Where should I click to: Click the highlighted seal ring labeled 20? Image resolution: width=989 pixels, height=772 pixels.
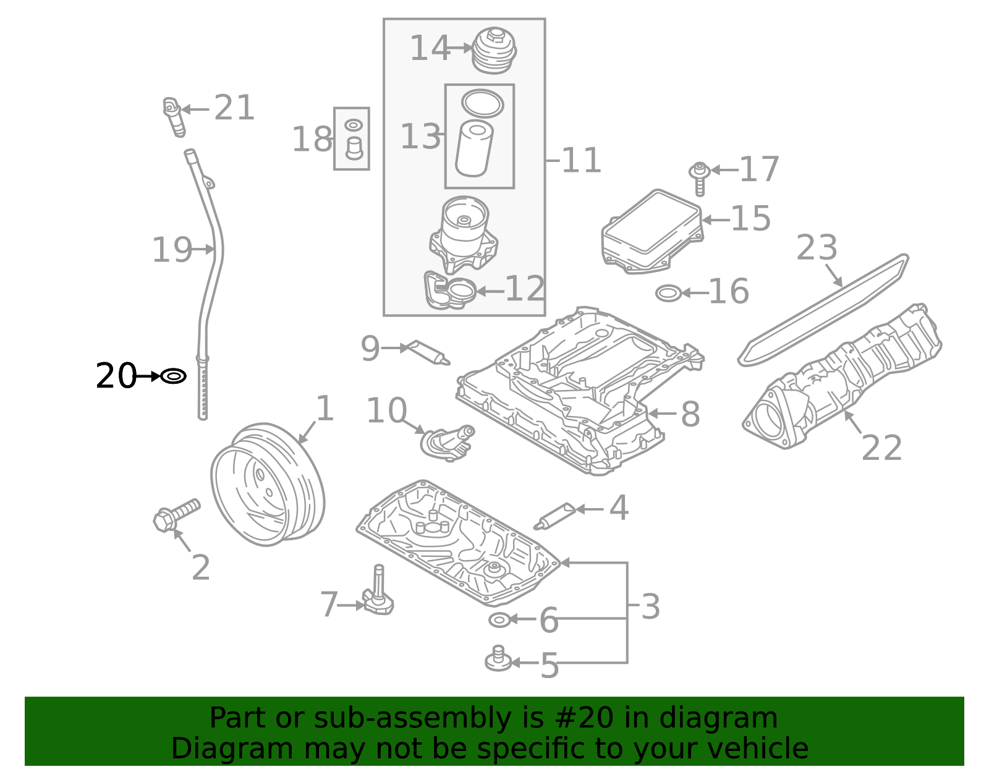174,376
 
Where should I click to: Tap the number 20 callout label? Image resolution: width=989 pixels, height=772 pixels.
116,376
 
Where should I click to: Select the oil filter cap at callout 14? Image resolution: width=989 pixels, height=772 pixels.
493,49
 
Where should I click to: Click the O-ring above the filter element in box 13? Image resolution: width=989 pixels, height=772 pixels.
482,103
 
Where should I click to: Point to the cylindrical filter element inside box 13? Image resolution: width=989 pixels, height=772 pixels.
474,149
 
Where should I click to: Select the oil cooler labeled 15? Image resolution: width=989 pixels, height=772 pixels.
652,230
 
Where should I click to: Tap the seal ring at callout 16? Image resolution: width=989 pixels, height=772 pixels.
668,293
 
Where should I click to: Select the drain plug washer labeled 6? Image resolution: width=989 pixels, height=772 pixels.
499,619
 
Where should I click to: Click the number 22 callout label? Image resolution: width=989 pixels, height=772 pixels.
881,448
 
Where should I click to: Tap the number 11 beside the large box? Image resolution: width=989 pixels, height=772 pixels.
581,161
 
